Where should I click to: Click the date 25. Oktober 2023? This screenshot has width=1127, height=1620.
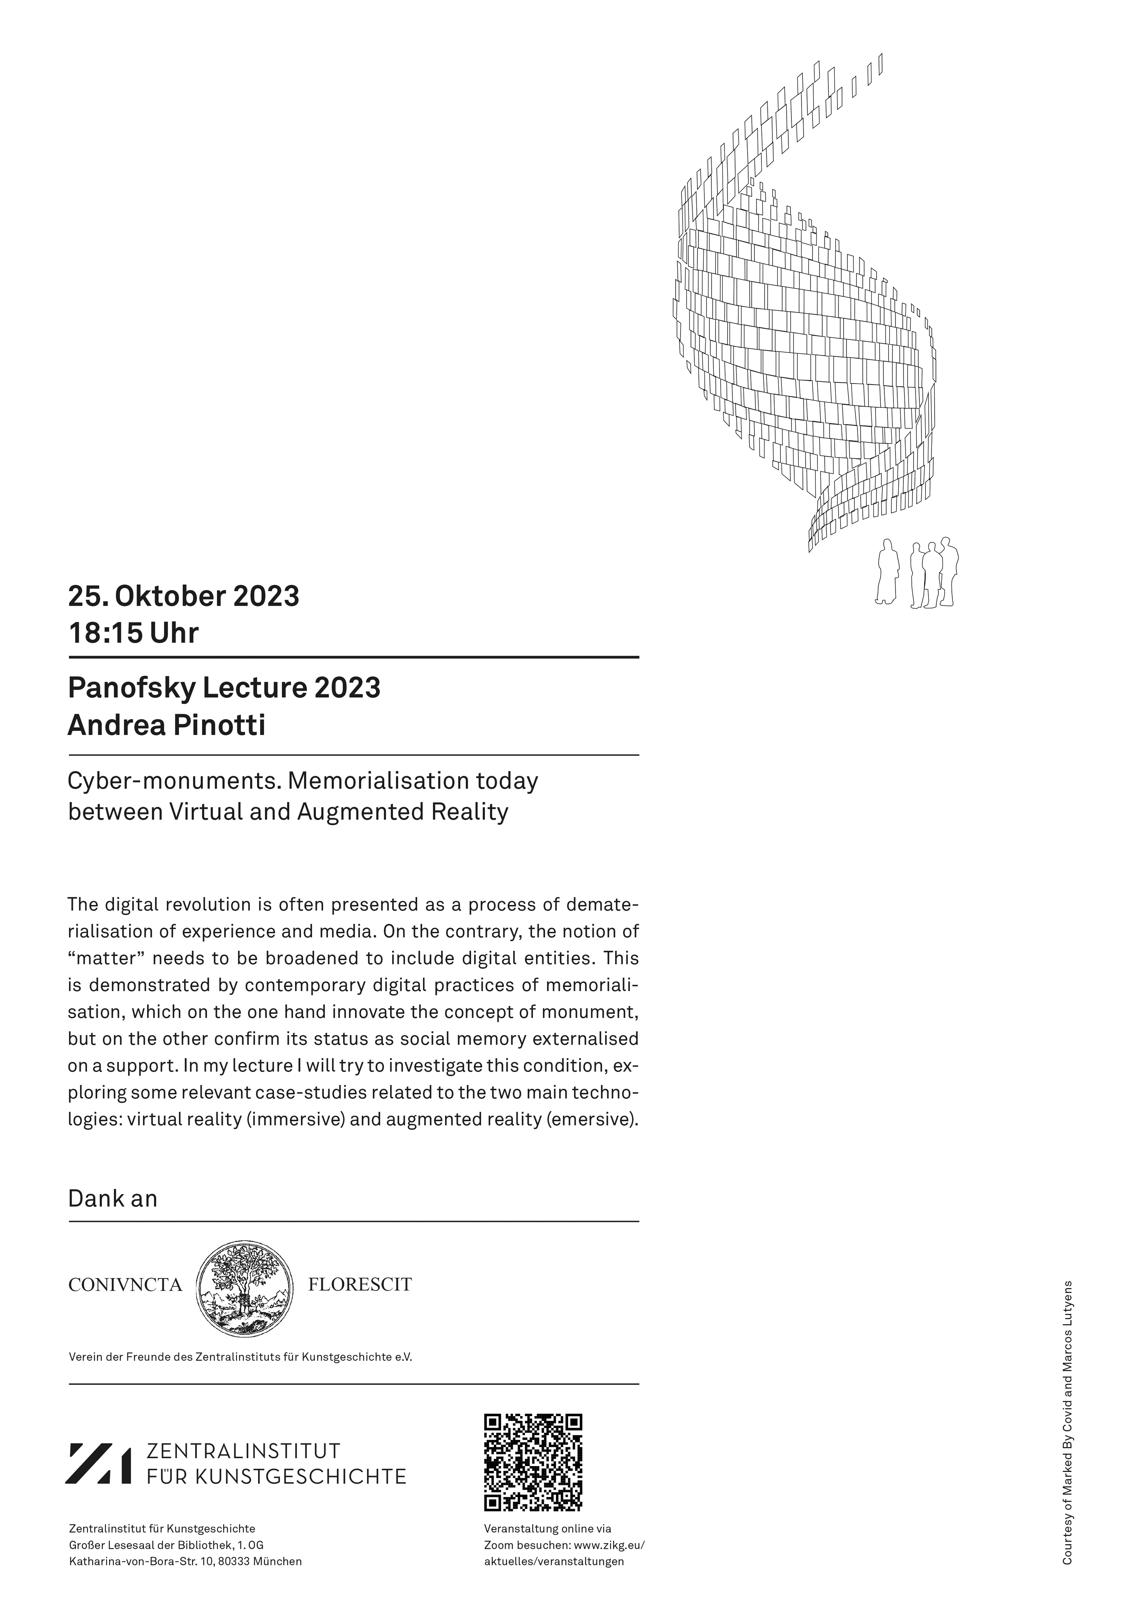(x=183, y=596)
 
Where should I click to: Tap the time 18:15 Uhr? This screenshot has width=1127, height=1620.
(x=133, y=633)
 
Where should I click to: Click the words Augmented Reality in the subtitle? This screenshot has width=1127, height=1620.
(x=402, y=812)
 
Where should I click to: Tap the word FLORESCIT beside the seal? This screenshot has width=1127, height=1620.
(x=360, y=1284)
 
